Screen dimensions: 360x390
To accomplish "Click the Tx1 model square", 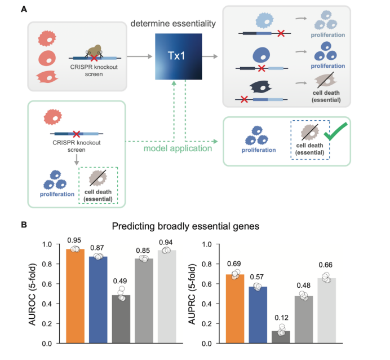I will tap(178, 58).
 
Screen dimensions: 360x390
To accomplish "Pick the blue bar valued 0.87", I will tap(99, 300).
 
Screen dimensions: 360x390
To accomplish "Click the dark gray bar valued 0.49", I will tap(122, 319).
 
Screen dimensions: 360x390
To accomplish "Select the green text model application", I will tap(176, 150).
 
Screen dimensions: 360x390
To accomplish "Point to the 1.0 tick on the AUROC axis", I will tap(54, 244).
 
